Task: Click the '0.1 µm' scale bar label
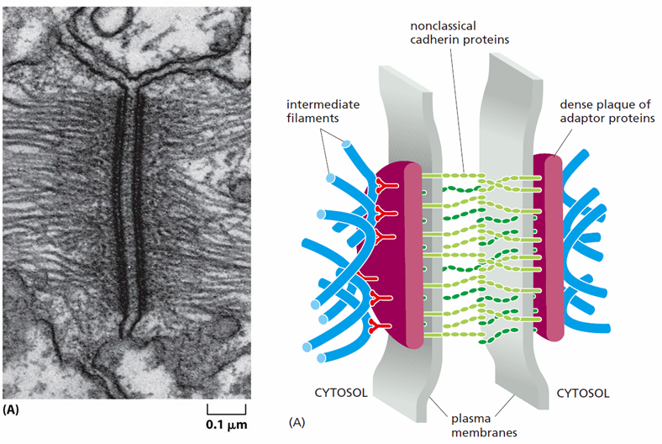[226, 425]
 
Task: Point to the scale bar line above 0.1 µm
[226, 413]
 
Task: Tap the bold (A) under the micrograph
[11, 410]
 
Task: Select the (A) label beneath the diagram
[297, 422]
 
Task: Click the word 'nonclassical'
[443, 26]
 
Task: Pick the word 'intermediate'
[323, 104]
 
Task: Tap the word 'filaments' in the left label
[313, 118]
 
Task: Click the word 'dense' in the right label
[575, 104]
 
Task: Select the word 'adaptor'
[581, 119]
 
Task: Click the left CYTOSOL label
[341, 393]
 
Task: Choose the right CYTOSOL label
[583, 394]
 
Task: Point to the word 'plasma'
[470, 419]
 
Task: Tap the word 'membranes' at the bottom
[484, 432]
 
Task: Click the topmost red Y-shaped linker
[385, 185]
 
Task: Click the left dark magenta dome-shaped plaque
[386, 253]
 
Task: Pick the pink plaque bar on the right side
[553, 247]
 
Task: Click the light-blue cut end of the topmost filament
[346, 144]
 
